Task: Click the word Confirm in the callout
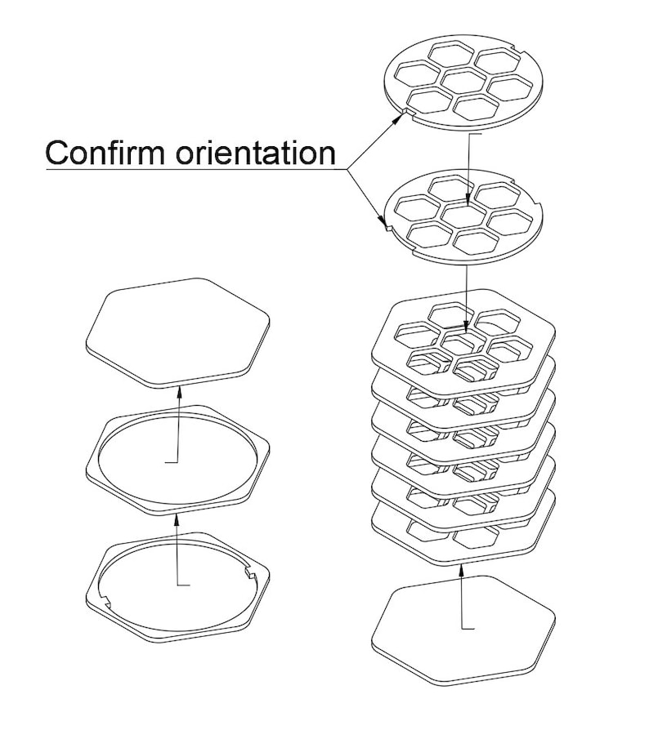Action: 105,152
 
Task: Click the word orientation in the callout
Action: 255,152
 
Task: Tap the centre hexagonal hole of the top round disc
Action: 464,81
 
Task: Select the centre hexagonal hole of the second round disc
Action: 464,216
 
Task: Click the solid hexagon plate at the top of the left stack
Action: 178,332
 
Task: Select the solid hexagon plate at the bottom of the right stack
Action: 463,630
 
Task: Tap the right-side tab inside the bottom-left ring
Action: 250,573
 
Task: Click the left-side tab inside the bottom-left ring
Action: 105,600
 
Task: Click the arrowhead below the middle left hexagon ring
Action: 177,520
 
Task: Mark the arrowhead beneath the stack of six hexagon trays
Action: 461,571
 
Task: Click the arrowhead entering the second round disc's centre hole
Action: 468,199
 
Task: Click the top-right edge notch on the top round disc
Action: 516,48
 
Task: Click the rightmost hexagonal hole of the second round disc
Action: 511,223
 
